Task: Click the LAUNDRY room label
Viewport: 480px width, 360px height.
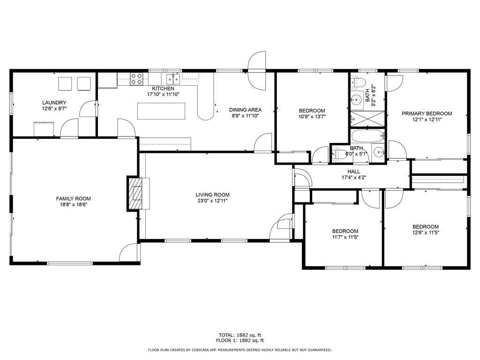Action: (x=54, y=103)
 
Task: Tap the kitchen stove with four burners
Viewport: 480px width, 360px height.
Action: (x=136, y=79)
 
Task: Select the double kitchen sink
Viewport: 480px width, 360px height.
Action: (x=173, y=79)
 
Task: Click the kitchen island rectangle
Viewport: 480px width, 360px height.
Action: (x=161, y=111)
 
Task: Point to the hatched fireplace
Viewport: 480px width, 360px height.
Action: (x=135, y=194)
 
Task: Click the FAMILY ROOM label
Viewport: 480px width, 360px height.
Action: (x=74, y=199)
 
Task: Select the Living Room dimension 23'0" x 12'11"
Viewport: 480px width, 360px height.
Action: (x=212, y=201)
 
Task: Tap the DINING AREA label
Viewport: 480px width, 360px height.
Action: (x=246, y=110)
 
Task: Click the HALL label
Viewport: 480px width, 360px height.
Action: (x=354, y=172)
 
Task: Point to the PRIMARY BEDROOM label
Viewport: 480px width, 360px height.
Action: (x=427, y=113)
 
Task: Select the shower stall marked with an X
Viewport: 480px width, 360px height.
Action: (x=367, y=119)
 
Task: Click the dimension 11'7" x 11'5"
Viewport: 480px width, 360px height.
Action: (x=345, y=237)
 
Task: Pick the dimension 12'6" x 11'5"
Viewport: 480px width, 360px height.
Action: (x=426, y=232)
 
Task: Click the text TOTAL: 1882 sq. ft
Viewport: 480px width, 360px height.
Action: (x=240, y=335)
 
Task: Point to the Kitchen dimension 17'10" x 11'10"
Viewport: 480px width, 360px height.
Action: (x=163, y=94)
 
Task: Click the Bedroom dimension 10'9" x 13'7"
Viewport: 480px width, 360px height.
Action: (x=312, y=116)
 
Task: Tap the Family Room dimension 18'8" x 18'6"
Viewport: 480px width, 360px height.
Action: (x=74, y=205)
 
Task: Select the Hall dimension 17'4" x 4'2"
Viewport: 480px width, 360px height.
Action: (x=354, y=177)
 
